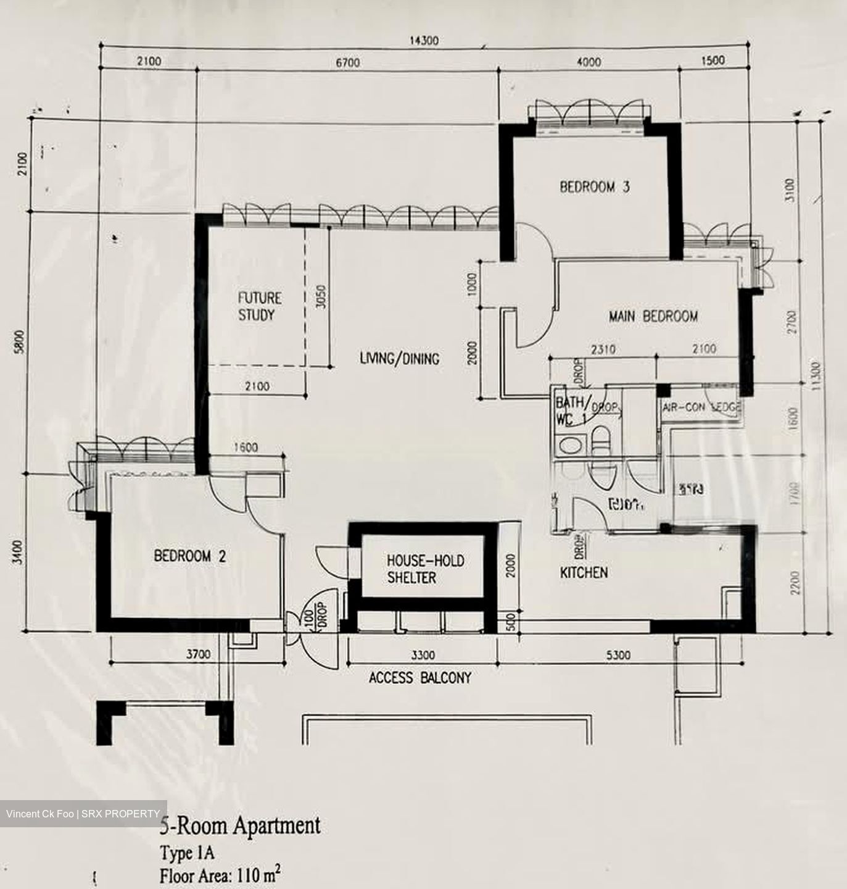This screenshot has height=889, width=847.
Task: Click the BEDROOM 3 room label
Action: [594, 186]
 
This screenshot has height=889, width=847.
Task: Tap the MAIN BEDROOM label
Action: [653, 316]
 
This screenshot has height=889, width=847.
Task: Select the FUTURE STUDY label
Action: [260, 306]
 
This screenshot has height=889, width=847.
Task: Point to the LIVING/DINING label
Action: [399, 358]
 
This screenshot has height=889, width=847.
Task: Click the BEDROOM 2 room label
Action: [189, 556]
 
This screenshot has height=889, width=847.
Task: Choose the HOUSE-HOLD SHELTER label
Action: [425, 569]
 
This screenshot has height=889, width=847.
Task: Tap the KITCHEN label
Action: [584, 572]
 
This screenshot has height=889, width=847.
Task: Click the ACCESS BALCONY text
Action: [419, 678]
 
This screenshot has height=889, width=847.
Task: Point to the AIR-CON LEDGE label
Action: [701, 407]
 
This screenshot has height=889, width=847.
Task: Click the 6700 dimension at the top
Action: [347, 62]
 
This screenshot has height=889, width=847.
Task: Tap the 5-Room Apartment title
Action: [240, 825]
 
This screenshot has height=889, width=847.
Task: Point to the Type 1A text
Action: [187, 853]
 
